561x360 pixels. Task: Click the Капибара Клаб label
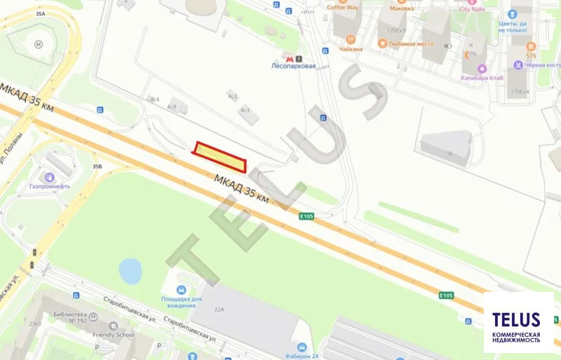pos(485,78)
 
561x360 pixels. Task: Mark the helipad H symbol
pos(39,44)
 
